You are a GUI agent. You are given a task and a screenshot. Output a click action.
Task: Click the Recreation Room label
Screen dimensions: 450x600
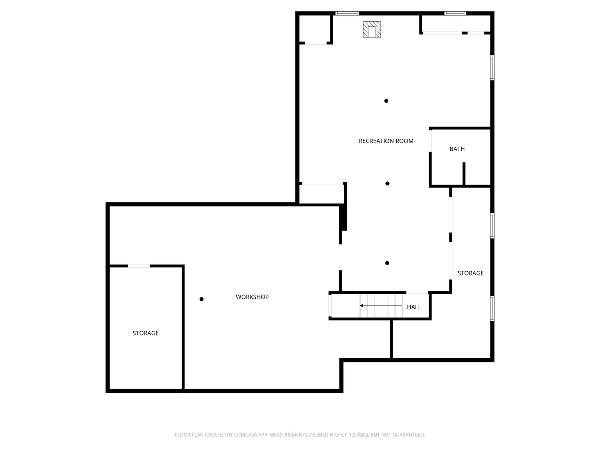click(x=386, y=141)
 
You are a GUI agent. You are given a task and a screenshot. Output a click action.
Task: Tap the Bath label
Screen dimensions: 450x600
click(x=457, y=149)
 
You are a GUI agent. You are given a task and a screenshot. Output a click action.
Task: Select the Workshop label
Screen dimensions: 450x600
click(x=252, y=297)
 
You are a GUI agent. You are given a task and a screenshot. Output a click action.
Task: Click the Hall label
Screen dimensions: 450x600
click(x=414, y=307)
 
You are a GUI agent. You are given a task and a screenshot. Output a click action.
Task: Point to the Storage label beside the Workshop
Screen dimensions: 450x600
click(x=145, y=333)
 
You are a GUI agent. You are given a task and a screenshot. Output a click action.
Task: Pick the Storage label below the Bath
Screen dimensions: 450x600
click(x=470, y=273)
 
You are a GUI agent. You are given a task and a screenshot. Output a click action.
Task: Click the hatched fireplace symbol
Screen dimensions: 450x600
click(x=372, y=30)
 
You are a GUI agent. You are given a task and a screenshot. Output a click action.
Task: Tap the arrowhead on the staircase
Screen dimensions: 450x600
click(x=362, y=306)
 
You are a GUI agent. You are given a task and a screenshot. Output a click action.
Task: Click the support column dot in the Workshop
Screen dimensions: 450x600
click(x=201, y=299)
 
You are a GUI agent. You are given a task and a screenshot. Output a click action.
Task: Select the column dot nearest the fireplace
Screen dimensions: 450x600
click(x=386, y=101)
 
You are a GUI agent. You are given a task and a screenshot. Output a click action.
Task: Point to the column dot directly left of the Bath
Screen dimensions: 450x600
click(x=387, y=183)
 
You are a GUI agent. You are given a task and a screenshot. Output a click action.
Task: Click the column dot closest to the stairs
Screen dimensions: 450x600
click(x=387, y=263)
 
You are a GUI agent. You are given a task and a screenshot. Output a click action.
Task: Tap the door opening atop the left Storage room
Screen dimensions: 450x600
click(x=139, y=266)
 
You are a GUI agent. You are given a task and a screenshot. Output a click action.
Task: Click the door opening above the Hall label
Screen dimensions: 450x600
click(x=417, y=292)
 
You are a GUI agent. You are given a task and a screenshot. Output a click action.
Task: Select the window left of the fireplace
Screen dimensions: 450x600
click(x=347, y=14)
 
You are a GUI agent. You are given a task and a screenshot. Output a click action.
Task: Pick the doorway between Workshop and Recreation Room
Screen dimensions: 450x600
click(x=341, y=257)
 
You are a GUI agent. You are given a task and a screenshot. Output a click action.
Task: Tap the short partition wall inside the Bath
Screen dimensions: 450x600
click(x=464, y=174)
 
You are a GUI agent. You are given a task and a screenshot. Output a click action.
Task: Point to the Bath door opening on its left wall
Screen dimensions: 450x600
click(x=430, y=141)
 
